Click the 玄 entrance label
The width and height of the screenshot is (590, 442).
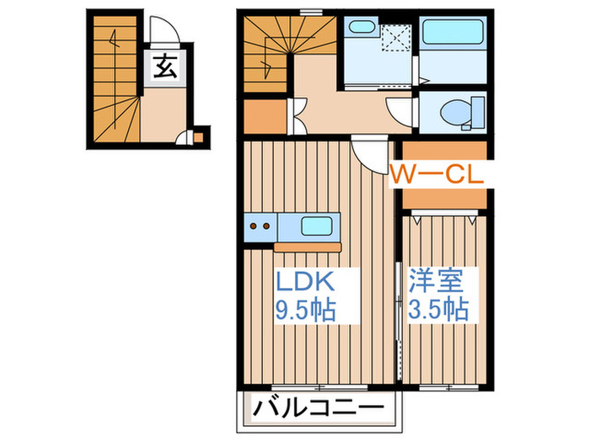coord(165,67)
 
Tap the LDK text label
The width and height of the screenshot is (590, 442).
coord(305,281)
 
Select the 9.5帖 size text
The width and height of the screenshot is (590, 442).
coord(305,310)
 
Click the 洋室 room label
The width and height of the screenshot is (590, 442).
coord(436,281)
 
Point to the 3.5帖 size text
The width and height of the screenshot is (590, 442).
coord(439,310)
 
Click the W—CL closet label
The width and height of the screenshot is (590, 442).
coord(436,175)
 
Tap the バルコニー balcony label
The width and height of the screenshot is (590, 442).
coord(319,408)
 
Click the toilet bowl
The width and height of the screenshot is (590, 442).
coord(455,112)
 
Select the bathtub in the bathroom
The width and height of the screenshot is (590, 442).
coord(453,32)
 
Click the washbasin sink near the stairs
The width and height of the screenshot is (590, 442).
coord(362,27)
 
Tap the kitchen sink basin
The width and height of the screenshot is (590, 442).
coord(316,226)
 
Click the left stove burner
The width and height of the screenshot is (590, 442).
coord(254,226)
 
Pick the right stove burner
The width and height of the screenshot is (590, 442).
coord(266,226)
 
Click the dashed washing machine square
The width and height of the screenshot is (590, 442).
coord(396,37)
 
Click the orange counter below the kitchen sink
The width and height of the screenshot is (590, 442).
coord(308,248)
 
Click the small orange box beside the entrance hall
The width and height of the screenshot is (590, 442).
coord(198,137)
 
